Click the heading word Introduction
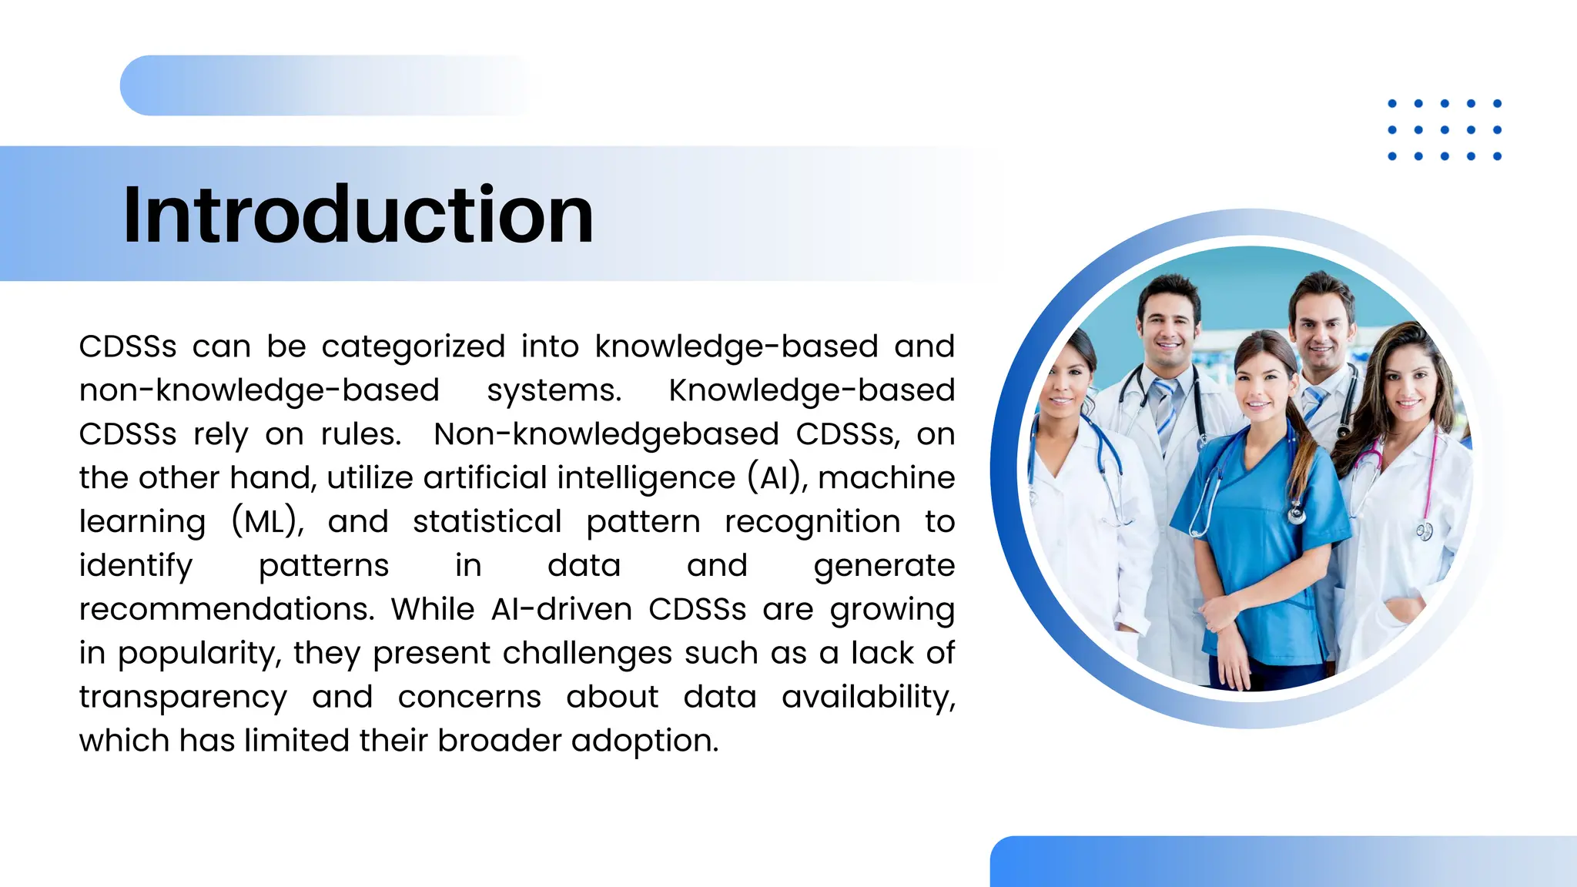pos(358,215)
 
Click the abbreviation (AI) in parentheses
pos(778,478)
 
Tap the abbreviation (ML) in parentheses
pos(268,522)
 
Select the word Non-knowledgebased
pos(606,434)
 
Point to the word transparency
pos(182,698)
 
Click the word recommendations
pos(226,610)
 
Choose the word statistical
pos(487,522)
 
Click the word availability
pos(868,698)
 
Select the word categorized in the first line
pos(413,346)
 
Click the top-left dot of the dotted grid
pos(1392,104)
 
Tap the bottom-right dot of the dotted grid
pos(1497,156)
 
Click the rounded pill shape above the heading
pos(323,85)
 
